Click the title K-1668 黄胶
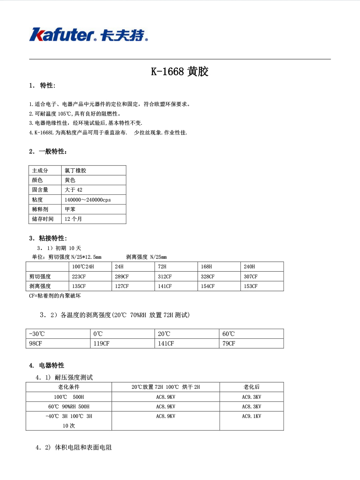click(180, 72)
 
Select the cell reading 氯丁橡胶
click(76, 170)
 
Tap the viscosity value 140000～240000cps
click(88, 200)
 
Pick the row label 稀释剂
click(40, 209)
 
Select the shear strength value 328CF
click(208, 276)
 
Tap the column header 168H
click(206, 267)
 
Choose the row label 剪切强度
click(40, 276)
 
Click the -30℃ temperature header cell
click(36, 334)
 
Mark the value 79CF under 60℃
click(229, 344)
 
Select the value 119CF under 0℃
click(101, 344)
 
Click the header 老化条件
click(69, 387)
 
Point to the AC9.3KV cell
click(252, 397)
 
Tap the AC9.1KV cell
click(252, 416)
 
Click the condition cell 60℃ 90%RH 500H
click(69, 406)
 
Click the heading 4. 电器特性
click(47, 365)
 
